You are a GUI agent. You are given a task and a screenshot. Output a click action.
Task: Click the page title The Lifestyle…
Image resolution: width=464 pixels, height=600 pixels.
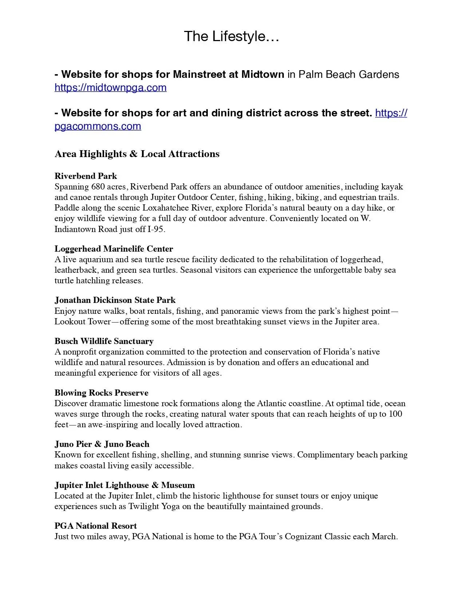click(x=231, y=37)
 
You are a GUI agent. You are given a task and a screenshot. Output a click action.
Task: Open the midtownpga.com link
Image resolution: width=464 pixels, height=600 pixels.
click(x=111, y=88)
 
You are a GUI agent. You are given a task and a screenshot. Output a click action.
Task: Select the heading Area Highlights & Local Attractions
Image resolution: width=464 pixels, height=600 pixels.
click(x=137, y=154)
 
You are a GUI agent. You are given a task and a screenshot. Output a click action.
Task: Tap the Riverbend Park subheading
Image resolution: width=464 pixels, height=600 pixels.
click(x=86, y=176)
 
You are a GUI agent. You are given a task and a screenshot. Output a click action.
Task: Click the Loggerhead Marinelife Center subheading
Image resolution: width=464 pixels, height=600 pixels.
click(x=114, y=249)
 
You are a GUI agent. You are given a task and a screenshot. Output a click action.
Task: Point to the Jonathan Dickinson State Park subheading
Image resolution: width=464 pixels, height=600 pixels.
click(x=115, y=300)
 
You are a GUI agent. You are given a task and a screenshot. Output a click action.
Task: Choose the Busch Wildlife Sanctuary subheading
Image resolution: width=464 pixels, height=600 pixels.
click(x=104, y=341)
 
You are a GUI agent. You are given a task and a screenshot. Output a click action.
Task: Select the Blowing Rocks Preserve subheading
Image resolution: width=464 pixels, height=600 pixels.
click(x=102, y=393)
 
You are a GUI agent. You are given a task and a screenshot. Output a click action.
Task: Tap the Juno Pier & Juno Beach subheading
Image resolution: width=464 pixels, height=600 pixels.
click(x=102, y=444)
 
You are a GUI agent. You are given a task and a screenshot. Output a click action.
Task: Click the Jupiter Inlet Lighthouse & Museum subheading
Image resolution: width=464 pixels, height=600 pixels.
click(x=125, y=485)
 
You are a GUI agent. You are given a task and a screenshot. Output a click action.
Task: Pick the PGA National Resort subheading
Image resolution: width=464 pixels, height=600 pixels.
click(x=96, y=526)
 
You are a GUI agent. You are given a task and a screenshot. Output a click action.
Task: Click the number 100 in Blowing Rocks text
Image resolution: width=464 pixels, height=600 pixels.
click(x=395, y=414)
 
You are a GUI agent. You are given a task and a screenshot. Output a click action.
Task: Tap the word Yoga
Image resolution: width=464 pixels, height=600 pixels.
click(x=171, y=507)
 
